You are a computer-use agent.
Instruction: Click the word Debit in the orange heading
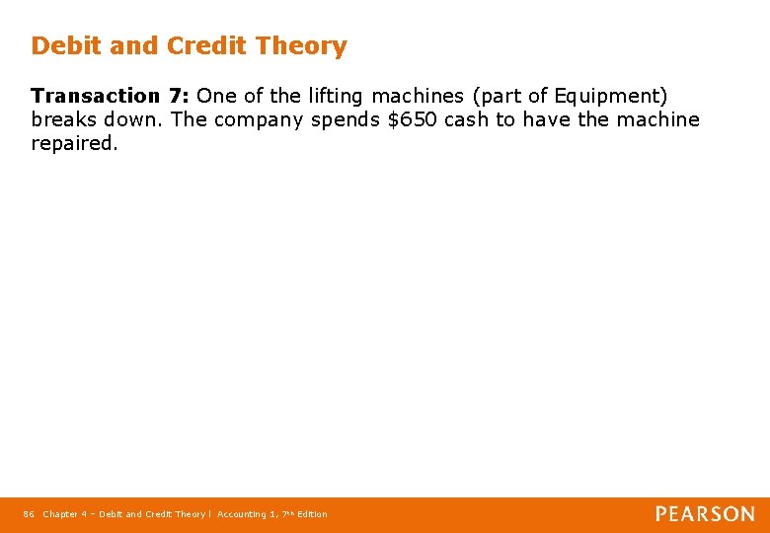[62, 46]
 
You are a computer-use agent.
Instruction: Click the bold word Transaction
[95, 96]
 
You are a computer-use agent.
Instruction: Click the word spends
[346, 120]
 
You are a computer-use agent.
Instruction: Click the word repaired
[74, 144]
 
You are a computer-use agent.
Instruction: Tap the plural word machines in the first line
[417, 96]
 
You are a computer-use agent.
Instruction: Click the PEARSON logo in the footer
[705, 514]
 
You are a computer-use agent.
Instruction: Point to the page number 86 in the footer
[28, 514]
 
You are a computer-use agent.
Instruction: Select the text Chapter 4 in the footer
[64, 514]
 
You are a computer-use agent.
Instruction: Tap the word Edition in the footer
[311, 514]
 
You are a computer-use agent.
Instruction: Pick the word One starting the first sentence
[214, 96]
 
